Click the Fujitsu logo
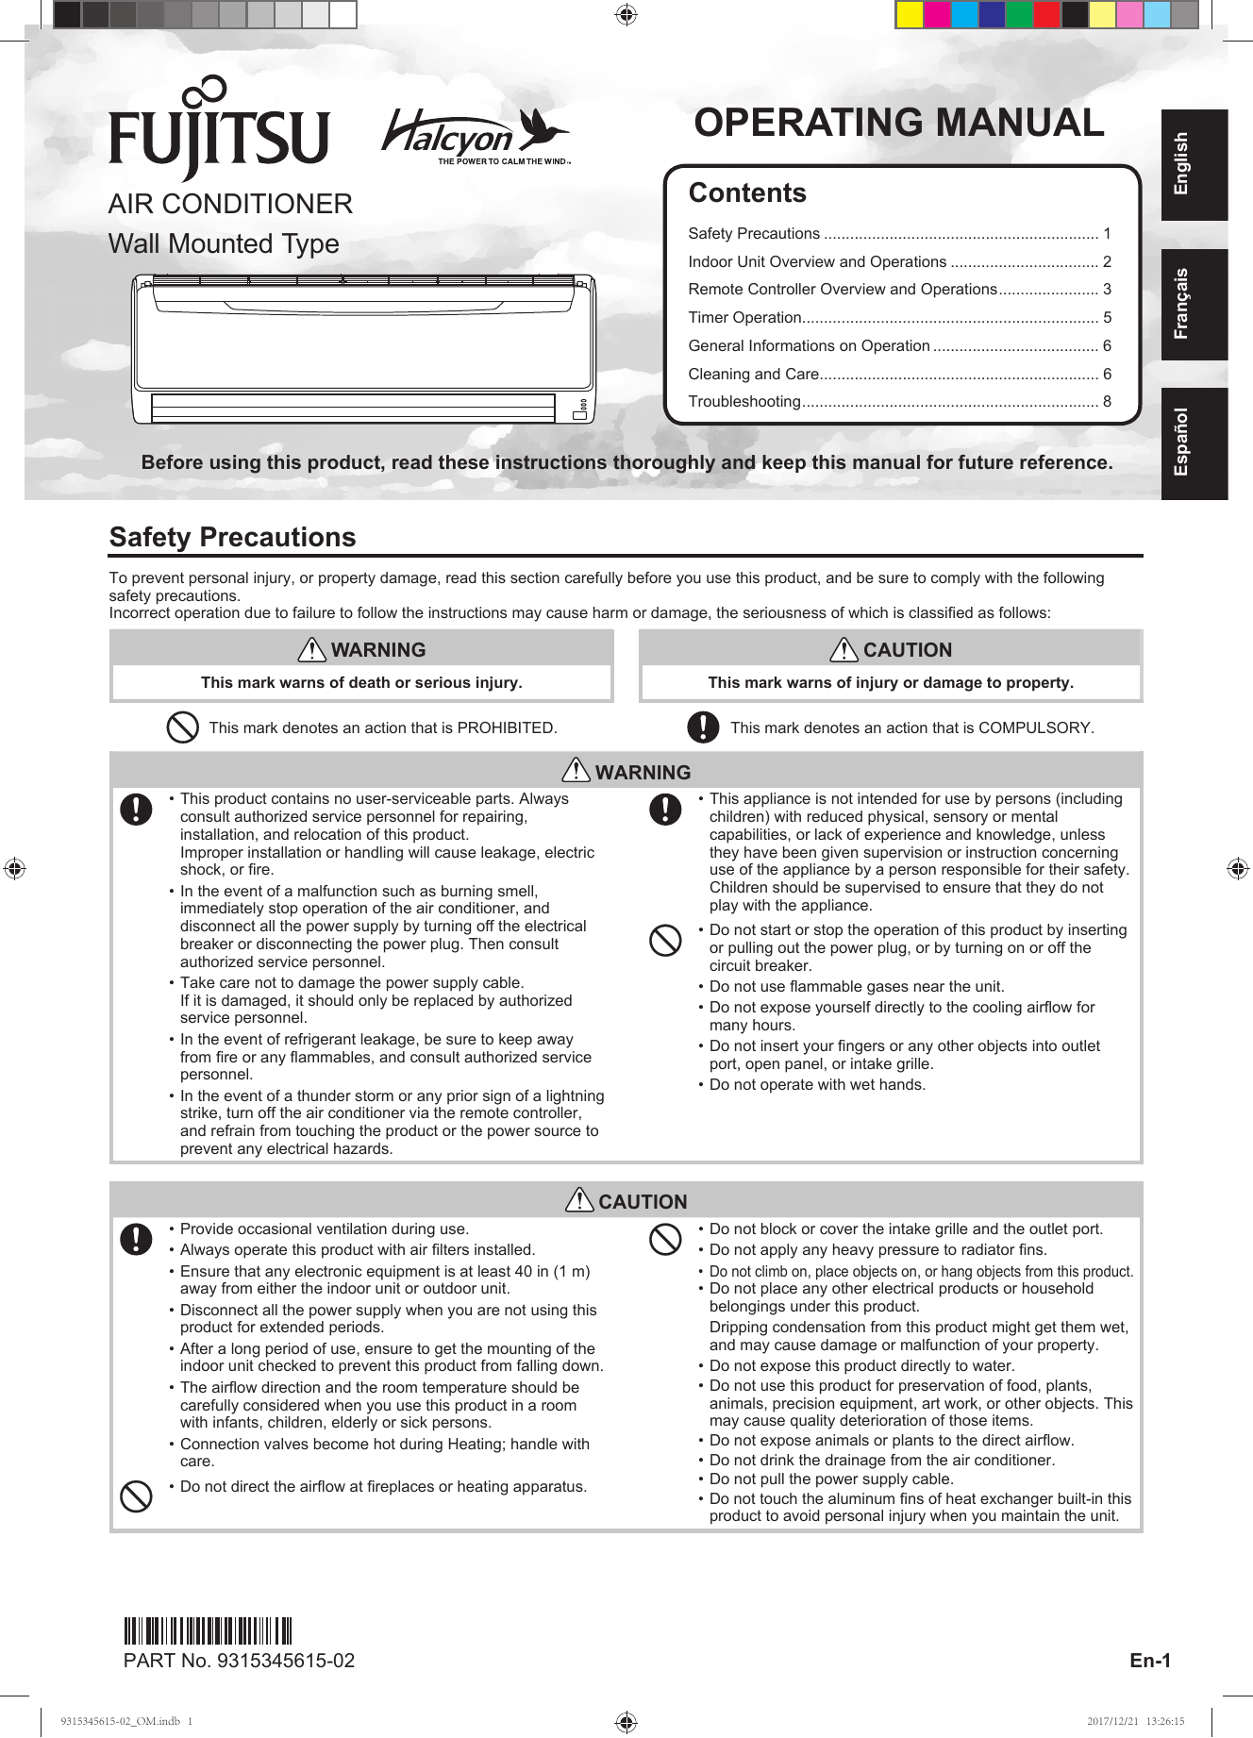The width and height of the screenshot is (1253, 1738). click(x=219, y=130)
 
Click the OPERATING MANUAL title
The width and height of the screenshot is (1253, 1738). click(x=898, y=124)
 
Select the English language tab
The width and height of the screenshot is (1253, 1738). click(x=1194, y=164)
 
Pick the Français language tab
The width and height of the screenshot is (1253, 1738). click(x=1194, y=304)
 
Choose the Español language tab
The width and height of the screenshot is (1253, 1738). click(x=1194, y=443)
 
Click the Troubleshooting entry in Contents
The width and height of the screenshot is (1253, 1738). click(x=744, y=402)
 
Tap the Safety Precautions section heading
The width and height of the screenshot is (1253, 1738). click(x=232, y=537)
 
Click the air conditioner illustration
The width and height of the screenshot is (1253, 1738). click(x=363, y=348)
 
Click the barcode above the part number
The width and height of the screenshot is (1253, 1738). click(x=208, y=1630)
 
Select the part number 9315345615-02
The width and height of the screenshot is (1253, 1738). click(x=285, y=1661)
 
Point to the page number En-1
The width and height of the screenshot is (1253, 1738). click(x=1149, y=1661)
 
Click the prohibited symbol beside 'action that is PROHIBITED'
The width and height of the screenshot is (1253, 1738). click(x=182, y=727)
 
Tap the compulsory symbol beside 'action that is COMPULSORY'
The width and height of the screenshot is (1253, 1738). click(x=703, y=727)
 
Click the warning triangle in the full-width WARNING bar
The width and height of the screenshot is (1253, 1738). click(x=576, y=771)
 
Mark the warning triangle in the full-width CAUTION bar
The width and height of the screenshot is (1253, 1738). click(x=578, y=1200)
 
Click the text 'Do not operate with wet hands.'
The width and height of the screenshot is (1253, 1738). click(x=817, y=1085)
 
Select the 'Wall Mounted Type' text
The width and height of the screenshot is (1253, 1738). click(x=224, y=243)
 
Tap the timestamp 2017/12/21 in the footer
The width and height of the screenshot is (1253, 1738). click(x=1112, y=1721)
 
